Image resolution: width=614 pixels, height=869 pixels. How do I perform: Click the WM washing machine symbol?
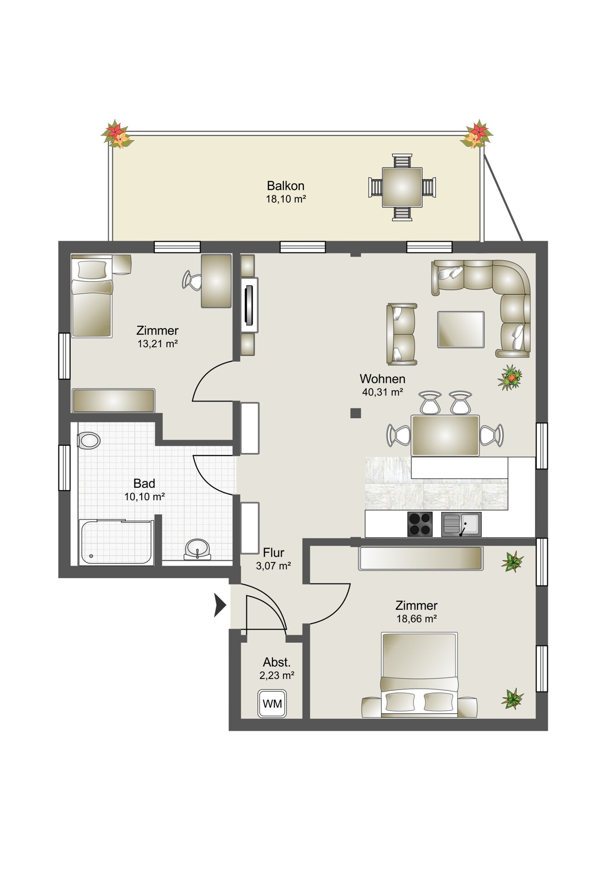pos(272,703)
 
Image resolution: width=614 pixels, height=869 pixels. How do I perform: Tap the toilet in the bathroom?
pos(88,440)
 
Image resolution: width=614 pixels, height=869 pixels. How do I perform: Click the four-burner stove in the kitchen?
pos(420,524)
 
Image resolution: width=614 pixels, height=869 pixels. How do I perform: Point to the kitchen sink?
pos(461,524)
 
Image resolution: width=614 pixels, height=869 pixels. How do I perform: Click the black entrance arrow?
pos(220,606)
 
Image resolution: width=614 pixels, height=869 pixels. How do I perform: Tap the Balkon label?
pos(286,186)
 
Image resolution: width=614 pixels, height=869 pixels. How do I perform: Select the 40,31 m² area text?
pos(382,392)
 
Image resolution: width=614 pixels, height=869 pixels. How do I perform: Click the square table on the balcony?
pos(402,187)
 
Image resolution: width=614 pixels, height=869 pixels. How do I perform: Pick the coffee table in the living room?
pos(461,329)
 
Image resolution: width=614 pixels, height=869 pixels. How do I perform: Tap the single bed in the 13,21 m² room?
pos(92,296)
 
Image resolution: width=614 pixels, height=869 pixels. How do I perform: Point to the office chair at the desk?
pos(192,280)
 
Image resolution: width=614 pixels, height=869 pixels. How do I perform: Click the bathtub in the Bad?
pos(116,542)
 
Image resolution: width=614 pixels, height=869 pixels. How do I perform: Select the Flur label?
pos(274,553)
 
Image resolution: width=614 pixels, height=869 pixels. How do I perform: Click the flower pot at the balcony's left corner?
pos(117,134)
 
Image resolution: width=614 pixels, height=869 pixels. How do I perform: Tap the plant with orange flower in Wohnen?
pos(510,377)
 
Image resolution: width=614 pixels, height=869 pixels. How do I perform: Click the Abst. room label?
pos(277,663)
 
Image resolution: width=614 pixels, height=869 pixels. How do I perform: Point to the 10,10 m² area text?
pos(144,497)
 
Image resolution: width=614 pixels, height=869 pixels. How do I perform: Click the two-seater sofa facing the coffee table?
pos(401,334)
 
